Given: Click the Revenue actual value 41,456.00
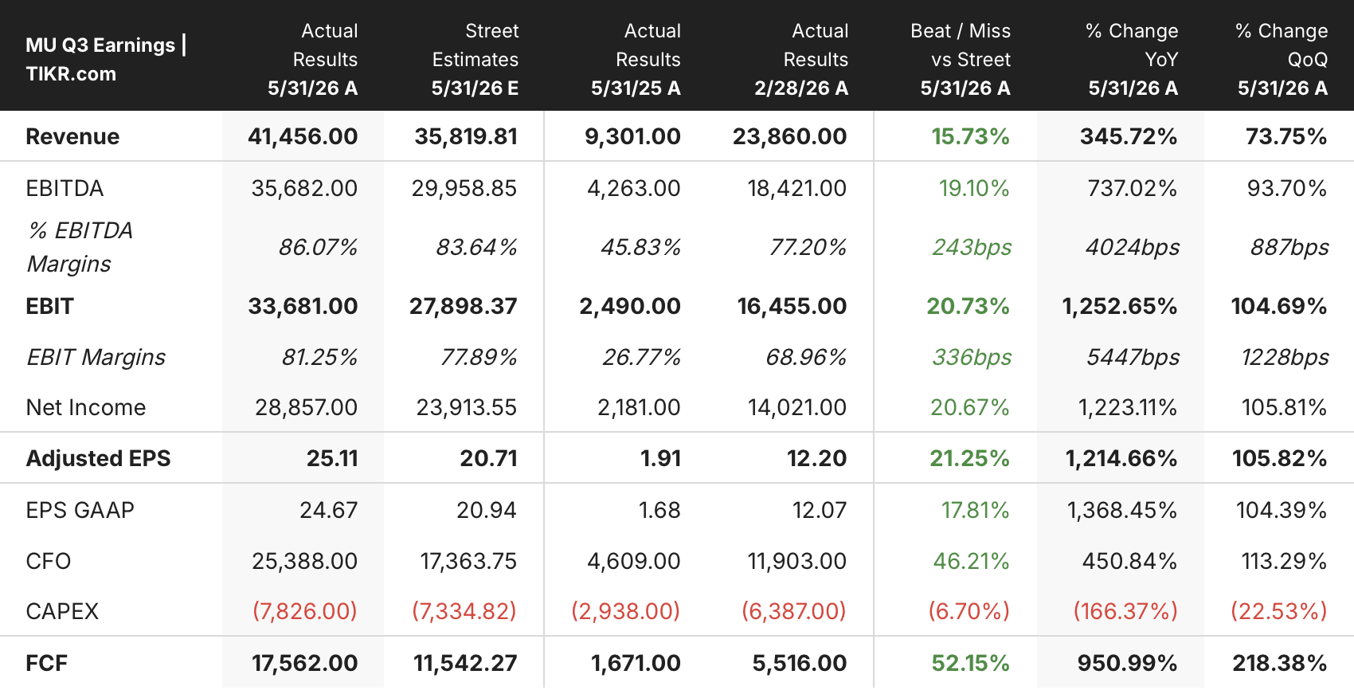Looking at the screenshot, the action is click(303, 137).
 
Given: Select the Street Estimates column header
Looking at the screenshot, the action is click(475, 59).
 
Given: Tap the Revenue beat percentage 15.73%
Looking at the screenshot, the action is click(970, 137).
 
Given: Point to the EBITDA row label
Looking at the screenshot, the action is click(65, 189).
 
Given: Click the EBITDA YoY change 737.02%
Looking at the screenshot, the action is click(1132, 189).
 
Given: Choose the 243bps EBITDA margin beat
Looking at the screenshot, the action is click(972, 247).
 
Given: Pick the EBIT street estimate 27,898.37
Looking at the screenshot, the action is click(464, 307).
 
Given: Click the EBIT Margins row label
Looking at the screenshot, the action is click(96, 358).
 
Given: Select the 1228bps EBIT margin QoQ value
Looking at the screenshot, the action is click(1285, 358).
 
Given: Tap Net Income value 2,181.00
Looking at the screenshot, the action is click(639, 408).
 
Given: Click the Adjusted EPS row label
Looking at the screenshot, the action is click(98, 458).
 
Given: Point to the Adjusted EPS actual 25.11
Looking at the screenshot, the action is click(332, 458).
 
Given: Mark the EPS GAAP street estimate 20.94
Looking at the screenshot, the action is click(487, 511).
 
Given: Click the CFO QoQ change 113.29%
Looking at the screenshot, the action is click(1284, 561).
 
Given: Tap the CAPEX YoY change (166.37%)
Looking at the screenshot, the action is click(1125, 611).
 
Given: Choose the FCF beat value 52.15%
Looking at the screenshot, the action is click(970, 664).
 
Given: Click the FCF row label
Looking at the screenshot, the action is click(46, 664).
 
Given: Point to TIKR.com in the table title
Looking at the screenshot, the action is click(71, 74).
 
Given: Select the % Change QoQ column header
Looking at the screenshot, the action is click(1282, 59).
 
